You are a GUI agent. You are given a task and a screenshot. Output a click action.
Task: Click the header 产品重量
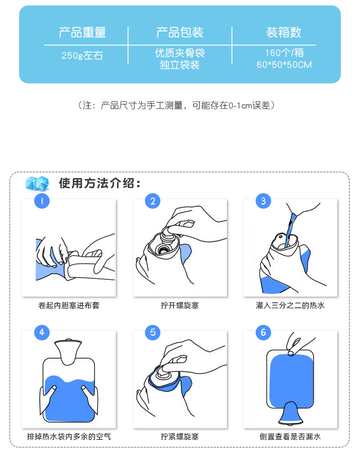pyautogui.click(x=82, y=33)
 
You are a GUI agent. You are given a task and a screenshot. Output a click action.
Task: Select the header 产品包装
pyautogui.click(x=180, y=33)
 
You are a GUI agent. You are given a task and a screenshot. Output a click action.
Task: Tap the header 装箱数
pyautogui.click(x=284, y=33)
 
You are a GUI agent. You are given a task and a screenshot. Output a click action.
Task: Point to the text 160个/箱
pyautogui.click(x=284, y=53)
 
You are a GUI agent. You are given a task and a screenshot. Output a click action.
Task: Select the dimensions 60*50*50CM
pyautogui.click(x=284, y=65)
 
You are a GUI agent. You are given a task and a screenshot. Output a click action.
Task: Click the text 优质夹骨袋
pyautogui.click(x=180, y=53)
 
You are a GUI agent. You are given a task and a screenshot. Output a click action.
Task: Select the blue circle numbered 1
pyautogui.click(x=42, y=201)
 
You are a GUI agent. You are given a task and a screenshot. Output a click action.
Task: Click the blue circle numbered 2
pyautogui.click(x=153, y=201)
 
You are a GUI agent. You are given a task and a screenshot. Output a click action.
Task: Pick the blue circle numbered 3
pyautogui.click(x=263, y=201)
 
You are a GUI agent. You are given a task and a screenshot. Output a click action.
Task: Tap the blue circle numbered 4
pyautogui.click(x=42, y=333)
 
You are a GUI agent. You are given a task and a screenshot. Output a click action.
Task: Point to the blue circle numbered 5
pyautogui.click(x=153, y=333)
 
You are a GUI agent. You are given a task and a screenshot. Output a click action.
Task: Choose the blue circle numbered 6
pyautogui.click(x=263, y=333)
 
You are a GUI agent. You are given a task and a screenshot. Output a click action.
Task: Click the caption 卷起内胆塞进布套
pyautogui.click(x=69, y=305)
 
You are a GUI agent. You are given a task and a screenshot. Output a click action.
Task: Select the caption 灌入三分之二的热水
pyautogui.click(x=290, y=305)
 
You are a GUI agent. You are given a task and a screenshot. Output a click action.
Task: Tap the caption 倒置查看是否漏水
pyautogui.click(x=290, y=437)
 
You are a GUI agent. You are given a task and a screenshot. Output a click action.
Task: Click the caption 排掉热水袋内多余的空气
pyautogui.click(x=69, y=437)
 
